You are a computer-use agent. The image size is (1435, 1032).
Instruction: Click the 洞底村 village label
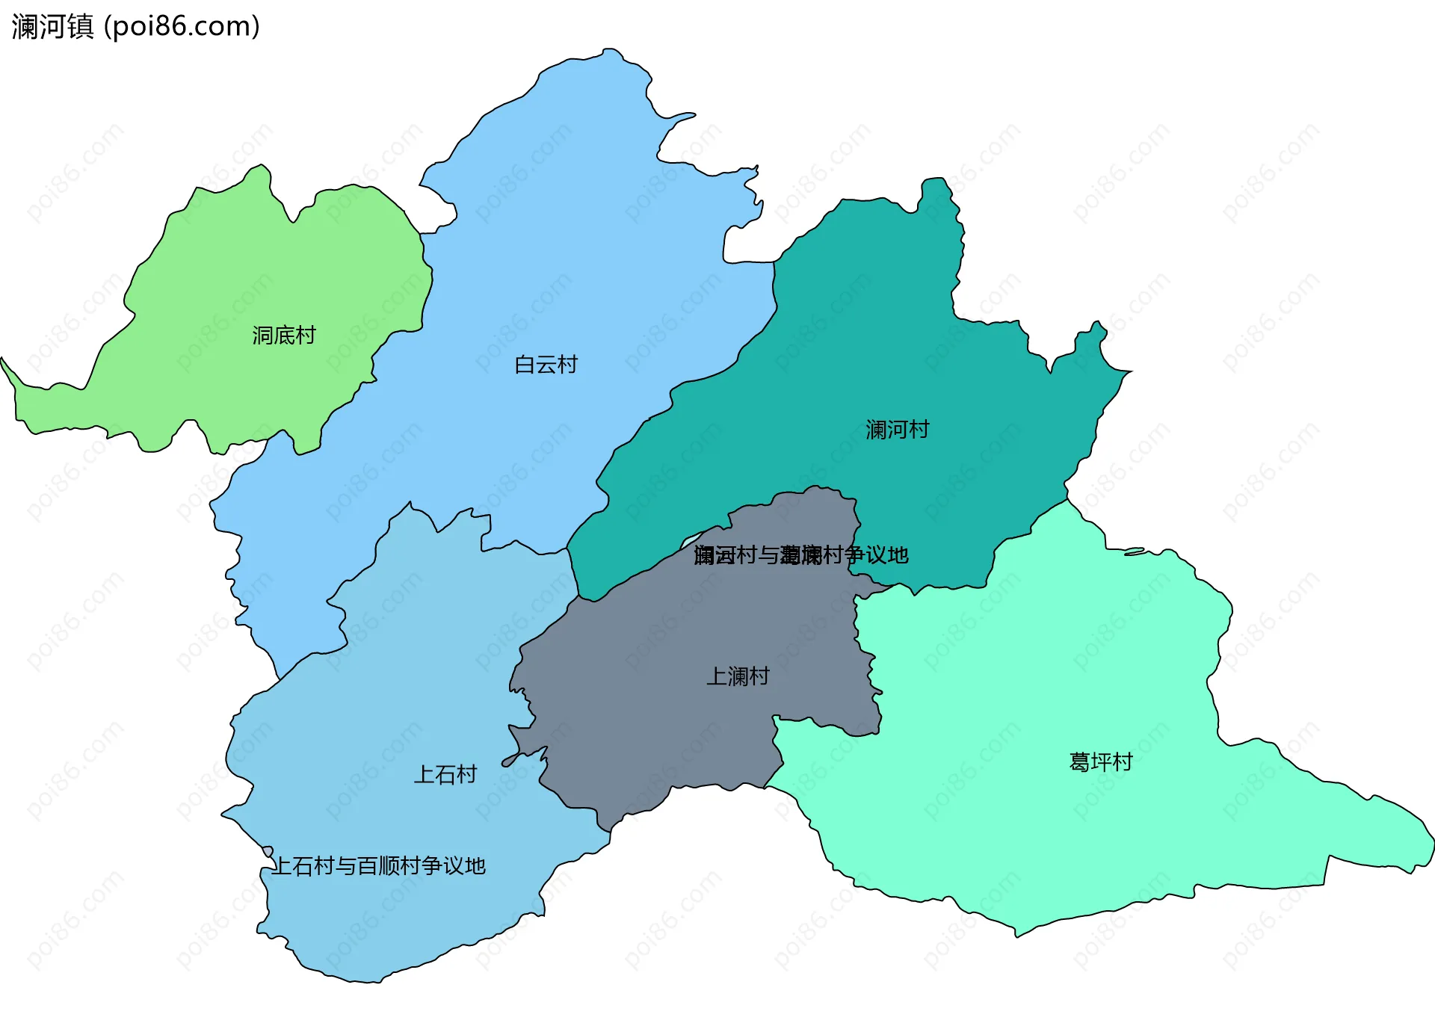pos(284,336)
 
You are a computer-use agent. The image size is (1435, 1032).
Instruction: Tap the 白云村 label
pos(546,365)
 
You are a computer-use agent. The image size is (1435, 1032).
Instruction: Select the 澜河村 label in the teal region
pos(897,430)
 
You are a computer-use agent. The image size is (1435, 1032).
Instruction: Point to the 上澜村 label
pos(738,676)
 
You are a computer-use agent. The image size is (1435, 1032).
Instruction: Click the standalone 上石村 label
pos(445,774)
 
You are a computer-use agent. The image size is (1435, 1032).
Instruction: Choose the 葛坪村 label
pos(1101,762)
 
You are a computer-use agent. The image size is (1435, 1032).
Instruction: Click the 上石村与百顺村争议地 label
pos(378,866)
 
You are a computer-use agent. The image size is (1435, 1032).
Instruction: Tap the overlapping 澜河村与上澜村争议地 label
pos(800,555)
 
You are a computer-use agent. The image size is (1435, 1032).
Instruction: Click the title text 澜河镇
pos(52,27)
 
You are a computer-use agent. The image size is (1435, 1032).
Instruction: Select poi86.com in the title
pos(182,27)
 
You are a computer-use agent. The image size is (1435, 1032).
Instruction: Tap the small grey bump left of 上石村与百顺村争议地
pos(267,851)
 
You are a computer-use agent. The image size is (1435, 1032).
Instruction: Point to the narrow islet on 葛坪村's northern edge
pos(1135,551)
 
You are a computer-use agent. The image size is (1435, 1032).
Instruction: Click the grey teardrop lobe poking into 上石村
pos(513,759)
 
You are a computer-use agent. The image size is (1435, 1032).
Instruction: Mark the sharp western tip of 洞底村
pos(3,360)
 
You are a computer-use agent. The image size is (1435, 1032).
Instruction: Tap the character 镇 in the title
pos(81,27)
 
